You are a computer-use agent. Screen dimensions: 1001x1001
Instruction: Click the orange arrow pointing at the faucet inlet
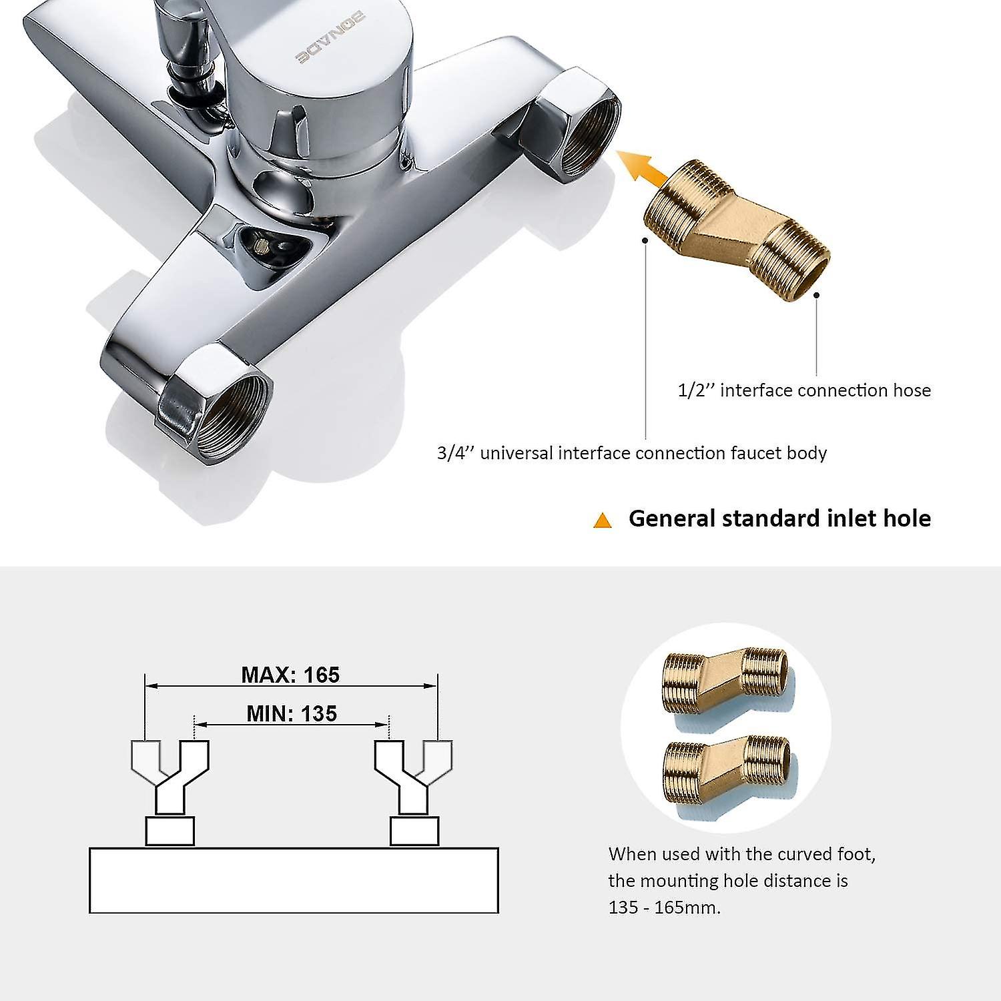tap(642, 167)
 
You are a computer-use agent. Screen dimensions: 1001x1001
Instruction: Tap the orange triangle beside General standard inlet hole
tap(603, 521)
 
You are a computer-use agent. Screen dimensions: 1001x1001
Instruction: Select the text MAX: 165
tap(290, 675)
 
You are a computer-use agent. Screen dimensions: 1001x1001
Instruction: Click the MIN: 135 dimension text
tap(292, 713)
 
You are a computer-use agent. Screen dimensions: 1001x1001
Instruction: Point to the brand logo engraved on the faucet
tap(330, 39)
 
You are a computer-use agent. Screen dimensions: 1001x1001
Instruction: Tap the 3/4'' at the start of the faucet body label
tap(455, 453)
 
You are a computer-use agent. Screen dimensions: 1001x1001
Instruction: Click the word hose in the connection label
tap(912, 390)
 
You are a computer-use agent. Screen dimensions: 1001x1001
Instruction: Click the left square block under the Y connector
tap(170, 831)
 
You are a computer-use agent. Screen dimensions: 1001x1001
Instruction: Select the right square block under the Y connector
tap(414, 831)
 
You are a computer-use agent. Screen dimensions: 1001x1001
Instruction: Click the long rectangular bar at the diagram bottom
tap(294, 880)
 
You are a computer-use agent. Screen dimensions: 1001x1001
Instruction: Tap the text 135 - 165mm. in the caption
tap(665, 908)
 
